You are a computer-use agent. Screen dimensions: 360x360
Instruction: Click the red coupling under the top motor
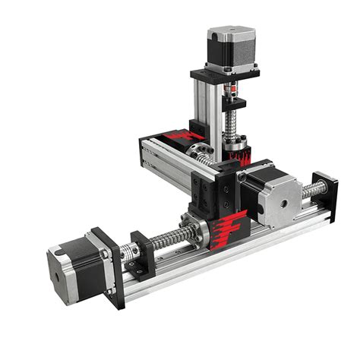coord(232,100)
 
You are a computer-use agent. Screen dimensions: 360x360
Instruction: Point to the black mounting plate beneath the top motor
coord(224,76)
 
